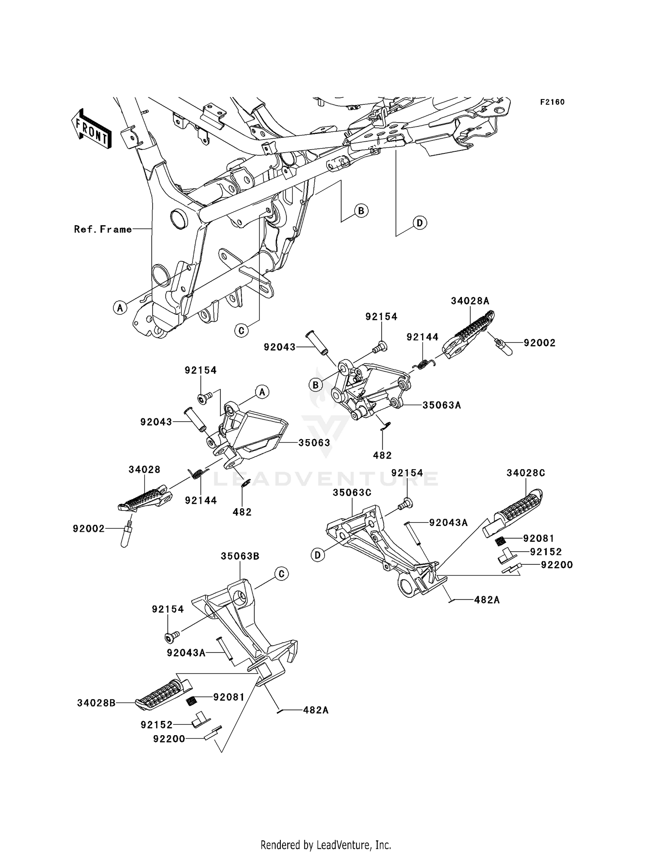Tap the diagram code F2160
pos(552,102)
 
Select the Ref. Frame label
pos(103,229)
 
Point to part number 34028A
pos(470,300)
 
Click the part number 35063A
pos(442,405)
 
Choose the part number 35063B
pos(240,556)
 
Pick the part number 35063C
pos(352,493)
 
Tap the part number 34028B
pos(96,703)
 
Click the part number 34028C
pos(526,473)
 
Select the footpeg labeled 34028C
pos(515,511)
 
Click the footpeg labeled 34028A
pos(469,334)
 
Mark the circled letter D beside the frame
pos(419,223)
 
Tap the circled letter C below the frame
pos(241,330)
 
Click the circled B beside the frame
pos(361,211)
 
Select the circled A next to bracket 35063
pos(262,392)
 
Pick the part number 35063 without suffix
pos(314,443)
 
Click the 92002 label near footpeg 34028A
pos(539,343)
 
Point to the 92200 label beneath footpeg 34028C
pos(557,565)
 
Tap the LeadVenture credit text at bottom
pos(326,845)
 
